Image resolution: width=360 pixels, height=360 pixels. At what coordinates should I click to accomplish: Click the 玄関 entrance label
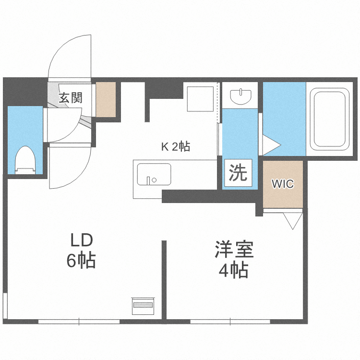pyautogui.click(x=71, y=98)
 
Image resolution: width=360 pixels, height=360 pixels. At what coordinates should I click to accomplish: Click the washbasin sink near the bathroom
pyautogui.click(x=240, y=96)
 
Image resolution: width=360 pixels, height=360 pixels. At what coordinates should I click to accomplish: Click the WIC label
pyautogui.click(x=283, y=184)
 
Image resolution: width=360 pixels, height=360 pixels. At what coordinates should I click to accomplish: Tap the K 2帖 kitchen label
pyautogui.click(x=175, y=147)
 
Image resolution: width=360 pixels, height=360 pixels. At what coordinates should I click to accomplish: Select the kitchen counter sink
pyautogui.click(x=154, y=174)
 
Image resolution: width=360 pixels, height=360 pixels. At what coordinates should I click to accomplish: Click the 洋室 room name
pyautogui.click(x=234, y=250)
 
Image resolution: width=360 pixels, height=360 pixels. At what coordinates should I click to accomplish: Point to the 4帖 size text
pyautogui.click(x=234, y=271)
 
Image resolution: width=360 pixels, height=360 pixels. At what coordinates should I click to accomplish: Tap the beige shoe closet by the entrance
pyautogui.click(x=106, y=99)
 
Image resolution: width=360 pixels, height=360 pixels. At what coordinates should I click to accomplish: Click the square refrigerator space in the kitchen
pyautogui.click(x=200, y=98)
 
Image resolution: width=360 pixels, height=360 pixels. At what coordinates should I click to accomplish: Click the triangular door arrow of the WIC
pyautogui.click(x=291, y=220)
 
